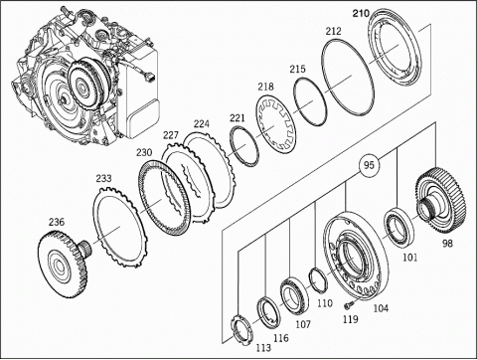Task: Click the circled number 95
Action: [369, 165]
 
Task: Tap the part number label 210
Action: [361, 14]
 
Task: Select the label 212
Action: [333, 31]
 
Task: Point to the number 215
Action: [297, 70]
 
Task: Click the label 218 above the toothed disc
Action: [266, 87]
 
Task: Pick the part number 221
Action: [238, 118]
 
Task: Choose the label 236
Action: [57, 222]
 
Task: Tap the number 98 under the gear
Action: [447, 244]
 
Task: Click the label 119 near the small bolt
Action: [351, 319]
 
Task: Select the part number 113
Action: [263, 348]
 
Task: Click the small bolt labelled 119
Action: [349, 303]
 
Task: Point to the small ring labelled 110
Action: [318, 279]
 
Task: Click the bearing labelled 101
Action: [398, 227]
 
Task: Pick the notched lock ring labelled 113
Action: [241, 329]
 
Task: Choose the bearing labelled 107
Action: [294, 296]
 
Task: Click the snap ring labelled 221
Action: [244, 146]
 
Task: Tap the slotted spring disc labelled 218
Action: [277, 125]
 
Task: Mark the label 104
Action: [381, 308]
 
